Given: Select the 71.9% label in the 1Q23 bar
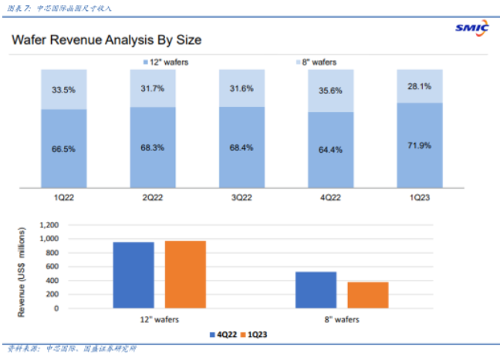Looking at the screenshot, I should (419, 145).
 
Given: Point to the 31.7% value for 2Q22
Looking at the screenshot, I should (153, 87).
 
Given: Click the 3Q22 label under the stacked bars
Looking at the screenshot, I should (242, 197).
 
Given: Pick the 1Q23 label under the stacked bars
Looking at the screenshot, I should (419, 197).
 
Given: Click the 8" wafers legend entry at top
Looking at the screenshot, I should (319, 61).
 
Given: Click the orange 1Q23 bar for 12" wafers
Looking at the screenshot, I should (184, 274).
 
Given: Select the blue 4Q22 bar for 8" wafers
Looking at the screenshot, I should (316, 290).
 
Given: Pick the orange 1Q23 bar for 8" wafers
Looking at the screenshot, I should (367, 294).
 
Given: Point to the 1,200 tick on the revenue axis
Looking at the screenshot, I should (49, 226).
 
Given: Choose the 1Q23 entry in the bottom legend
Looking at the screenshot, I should (258, 335).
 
